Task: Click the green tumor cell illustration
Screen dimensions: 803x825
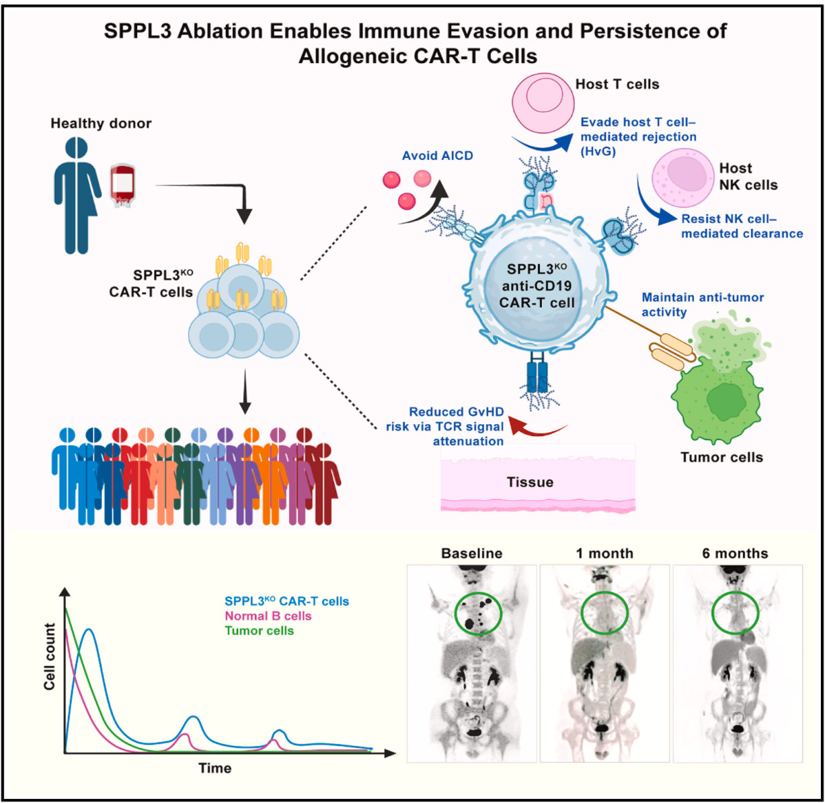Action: pos(717,399)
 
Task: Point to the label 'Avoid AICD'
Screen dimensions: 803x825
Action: pos(437,156)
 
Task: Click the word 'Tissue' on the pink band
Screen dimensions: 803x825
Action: pos(530,482)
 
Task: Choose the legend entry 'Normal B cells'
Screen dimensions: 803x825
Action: pos(268,616)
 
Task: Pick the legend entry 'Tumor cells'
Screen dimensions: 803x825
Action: pos(259,631)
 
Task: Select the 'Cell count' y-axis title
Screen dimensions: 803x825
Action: pos(50,657)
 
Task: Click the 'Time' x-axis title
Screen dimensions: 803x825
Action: pos(214,768)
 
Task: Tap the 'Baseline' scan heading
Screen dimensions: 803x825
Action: pos(471,554)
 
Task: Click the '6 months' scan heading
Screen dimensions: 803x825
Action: pos(735,554)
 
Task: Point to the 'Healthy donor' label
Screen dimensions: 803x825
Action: pos(101,124)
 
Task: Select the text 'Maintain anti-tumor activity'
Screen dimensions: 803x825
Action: pos(702,304)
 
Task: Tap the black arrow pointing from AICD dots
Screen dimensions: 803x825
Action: pos(428,201)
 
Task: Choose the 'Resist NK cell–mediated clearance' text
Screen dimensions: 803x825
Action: pos(741,226)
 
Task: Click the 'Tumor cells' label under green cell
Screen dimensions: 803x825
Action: pos(721,458)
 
